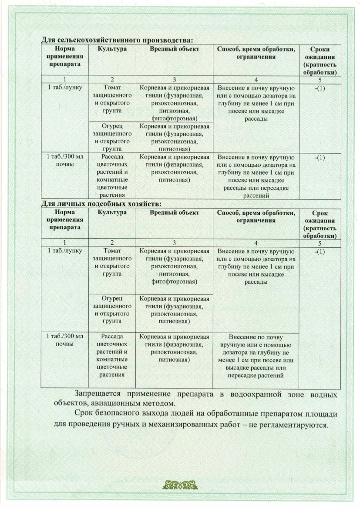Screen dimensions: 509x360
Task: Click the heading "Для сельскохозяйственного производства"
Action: pos(117,40)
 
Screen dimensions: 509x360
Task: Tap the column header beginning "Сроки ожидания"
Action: pos(320,61)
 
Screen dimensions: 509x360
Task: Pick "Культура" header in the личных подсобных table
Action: pos(112,212)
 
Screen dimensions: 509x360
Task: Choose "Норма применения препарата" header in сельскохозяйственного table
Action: pos(64,57)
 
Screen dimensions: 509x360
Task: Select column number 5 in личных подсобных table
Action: pos(320,243)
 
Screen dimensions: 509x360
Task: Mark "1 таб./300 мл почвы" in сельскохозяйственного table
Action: pos(64,160)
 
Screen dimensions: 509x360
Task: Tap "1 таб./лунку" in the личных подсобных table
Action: pos(64,251)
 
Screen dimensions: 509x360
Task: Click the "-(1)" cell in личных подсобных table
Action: pos(320,252)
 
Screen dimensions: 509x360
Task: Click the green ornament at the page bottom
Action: pos(180,483)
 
